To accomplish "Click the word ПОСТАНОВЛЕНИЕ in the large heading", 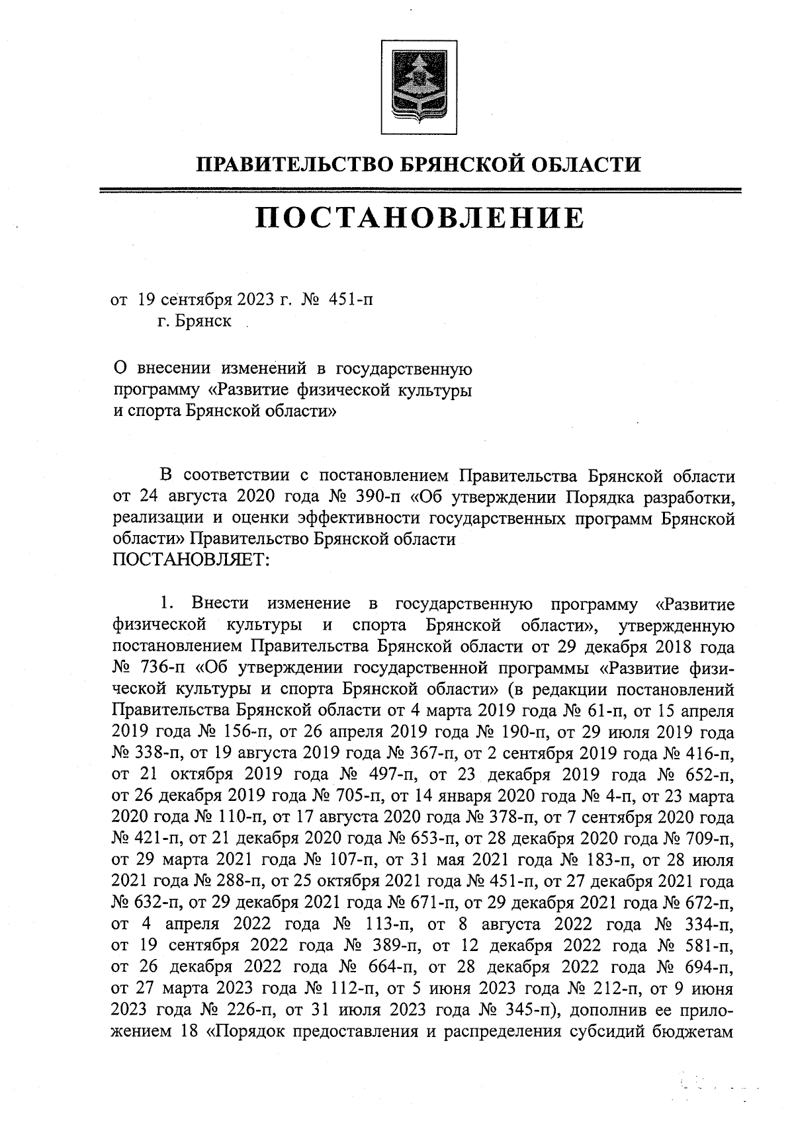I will coord(420,218).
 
